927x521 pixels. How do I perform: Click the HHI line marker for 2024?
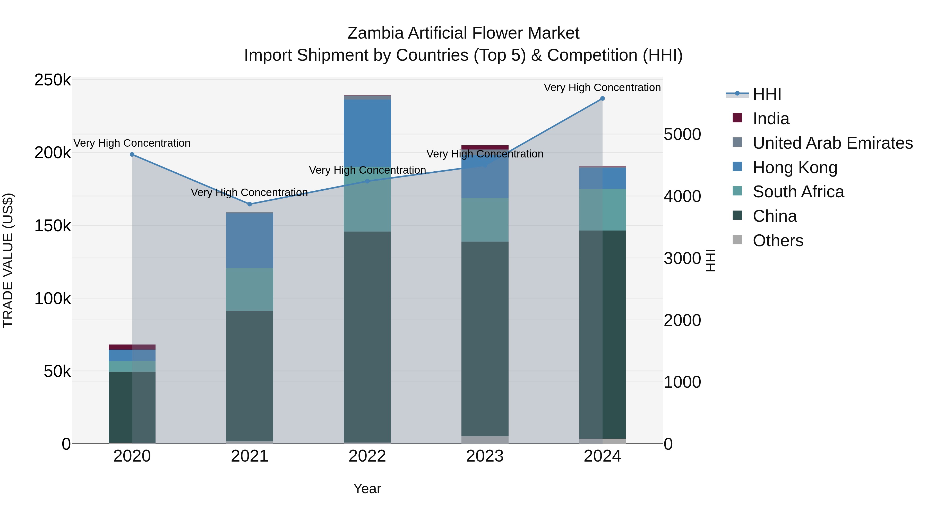point(602,99)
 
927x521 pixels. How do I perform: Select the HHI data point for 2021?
point(250,204)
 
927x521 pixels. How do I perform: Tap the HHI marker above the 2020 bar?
point(132,155)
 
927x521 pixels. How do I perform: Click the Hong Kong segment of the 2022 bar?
point(367,133)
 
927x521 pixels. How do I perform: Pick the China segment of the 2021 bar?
point(250,376)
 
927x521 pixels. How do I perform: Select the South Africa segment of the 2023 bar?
point(485,220)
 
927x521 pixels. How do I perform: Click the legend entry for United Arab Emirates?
point(832,143)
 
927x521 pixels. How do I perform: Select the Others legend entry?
point(778,241)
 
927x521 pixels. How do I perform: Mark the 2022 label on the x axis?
point(367,456)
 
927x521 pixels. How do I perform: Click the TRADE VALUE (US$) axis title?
point(8,260)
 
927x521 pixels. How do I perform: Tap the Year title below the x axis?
point(367,489)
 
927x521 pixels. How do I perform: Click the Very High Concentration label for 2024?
point(602,87)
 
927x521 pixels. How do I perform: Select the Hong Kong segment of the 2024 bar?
point(602,178)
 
